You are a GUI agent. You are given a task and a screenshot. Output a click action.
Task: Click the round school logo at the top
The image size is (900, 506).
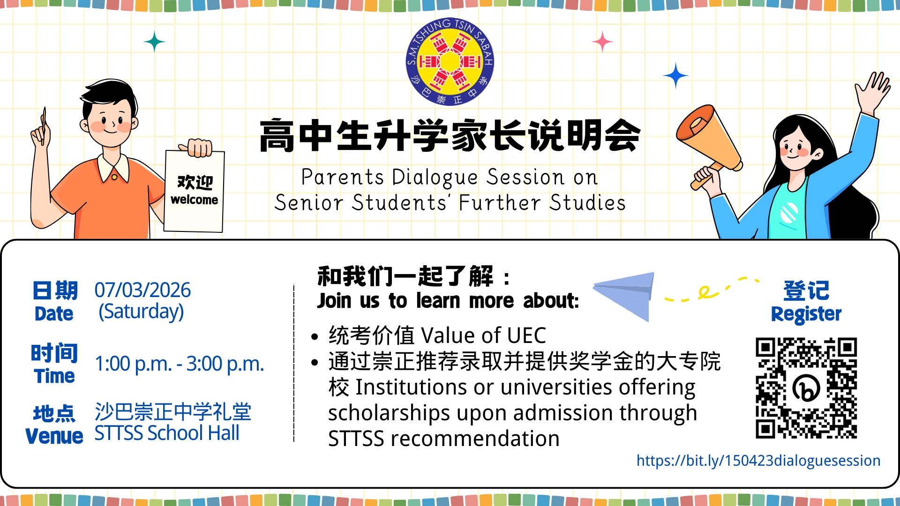tap(450, 61)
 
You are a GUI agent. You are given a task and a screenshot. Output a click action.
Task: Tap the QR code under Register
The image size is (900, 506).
tap(806, 388)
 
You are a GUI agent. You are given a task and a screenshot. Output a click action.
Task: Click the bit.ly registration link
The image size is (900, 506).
tap(758, 461)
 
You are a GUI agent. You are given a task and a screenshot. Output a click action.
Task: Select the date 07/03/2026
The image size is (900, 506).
tap(142, 290)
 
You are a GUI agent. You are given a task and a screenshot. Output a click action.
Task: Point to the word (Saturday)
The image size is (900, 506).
tap(141, 312)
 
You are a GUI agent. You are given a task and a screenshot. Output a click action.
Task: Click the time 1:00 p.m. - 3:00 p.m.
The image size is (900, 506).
tap(179, 364)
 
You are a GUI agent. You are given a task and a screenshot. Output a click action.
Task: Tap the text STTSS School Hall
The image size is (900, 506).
tap(166, 433)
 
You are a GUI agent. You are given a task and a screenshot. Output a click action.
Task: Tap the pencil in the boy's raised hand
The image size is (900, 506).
tap(44, 124)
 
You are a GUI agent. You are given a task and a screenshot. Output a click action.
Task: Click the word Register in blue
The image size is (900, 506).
tap(806, 314)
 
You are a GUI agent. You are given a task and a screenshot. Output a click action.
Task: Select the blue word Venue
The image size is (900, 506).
tap(54, 437)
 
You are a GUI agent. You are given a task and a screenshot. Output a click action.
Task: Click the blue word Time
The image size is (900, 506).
tap(54, 376)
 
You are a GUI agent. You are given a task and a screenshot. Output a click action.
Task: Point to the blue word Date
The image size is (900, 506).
tap(54, 314)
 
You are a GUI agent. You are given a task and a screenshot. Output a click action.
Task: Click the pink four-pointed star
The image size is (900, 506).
tap(602, 42)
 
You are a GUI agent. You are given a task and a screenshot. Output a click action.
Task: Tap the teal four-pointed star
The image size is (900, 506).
tap(154, 42)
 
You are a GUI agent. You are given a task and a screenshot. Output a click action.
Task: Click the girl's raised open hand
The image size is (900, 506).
tap(873, 91)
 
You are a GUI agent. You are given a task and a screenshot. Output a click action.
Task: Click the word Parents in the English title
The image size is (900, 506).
tap(342, 177)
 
